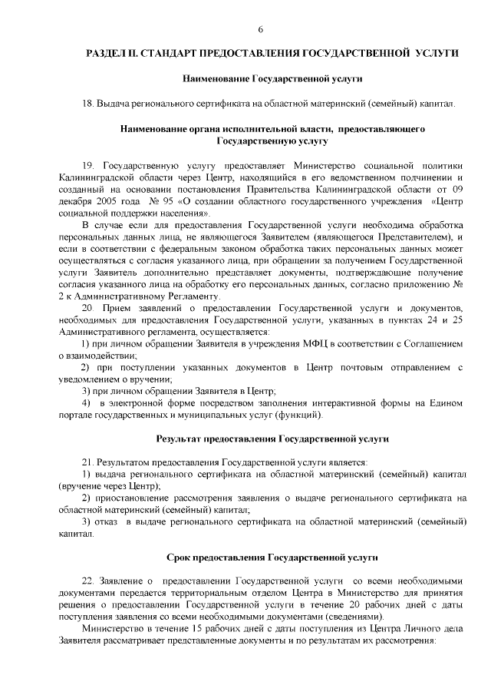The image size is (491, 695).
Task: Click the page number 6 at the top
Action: pos(260,30)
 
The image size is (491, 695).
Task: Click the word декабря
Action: pos(74,202)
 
